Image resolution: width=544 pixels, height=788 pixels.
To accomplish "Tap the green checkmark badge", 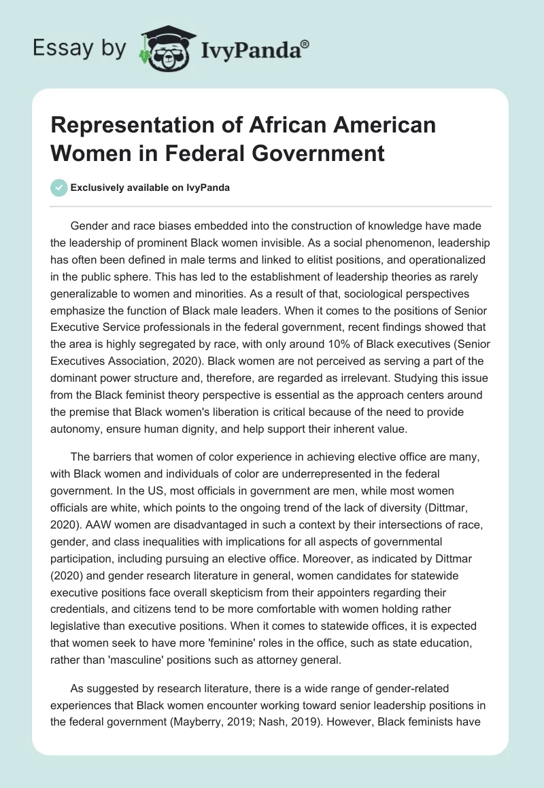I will tap(59, 187).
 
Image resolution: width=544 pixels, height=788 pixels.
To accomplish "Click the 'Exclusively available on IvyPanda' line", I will tap(150, 187).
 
